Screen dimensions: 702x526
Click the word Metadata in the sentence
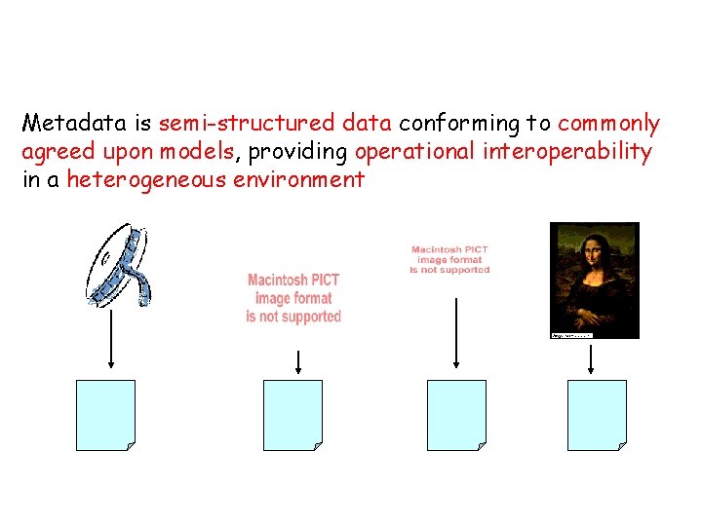click(x=76, y=124)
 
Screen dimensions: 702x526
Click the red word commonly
click(x=608, y=124)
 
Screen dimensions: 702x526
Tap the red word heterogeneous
click(x=146, y=180)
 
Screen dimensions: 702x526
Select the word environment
click(x=298, y=180)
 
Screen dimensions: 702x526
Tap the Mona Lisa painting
click(x=594, y=280)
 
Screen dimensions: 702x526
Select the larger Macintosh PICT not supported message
click(x=293, y=298)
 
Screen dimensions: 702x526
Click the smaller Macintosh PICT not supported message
click(x=449, y=259)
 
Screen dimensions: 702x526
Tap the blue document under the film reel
click(x=105, y=415)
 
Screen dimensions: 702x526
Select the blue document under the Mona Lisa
click(x=597, y=415)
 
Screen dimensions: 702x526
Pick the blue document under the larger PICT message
click(x=292, y=415)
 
